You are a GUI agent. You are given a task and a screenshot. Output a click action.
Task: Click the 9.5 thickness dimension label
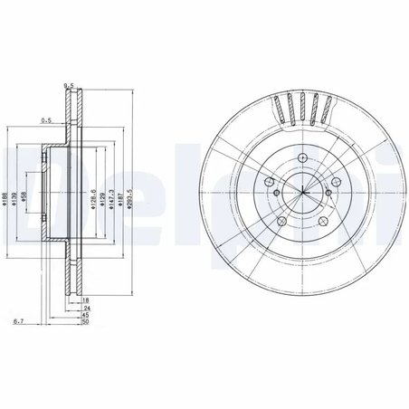[68, 89]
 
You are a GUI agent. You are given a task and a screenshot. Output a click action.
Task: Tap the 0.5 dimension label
[47, 118]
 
